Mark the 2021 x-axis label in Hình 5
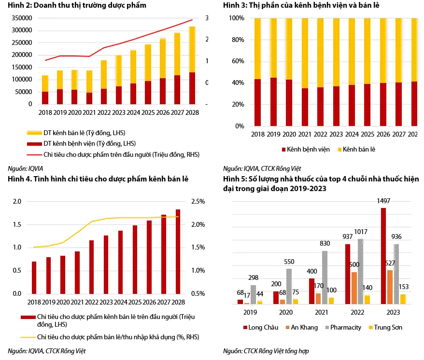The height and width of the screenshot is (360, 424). click(x=321, y=312)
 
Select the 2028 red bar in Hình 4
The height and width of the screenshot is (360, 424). click(x=178, y=251)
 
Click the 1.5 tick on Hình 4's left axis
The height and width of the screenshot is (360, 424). click(x=17, y=224)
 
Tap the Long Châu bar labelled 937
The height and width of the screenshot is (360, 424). click(x=347, y=274)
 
